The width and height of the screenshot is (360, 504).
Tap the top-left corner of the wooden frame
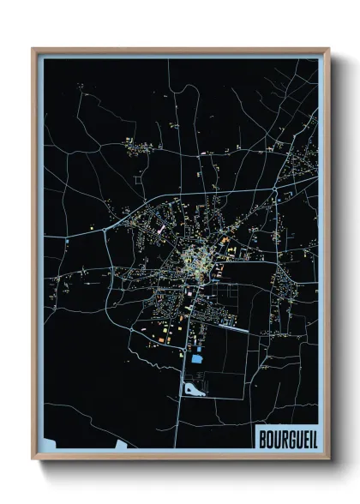pos(33,48)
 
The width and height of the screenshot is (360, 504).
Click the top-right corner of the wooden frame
pos(329,48)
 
